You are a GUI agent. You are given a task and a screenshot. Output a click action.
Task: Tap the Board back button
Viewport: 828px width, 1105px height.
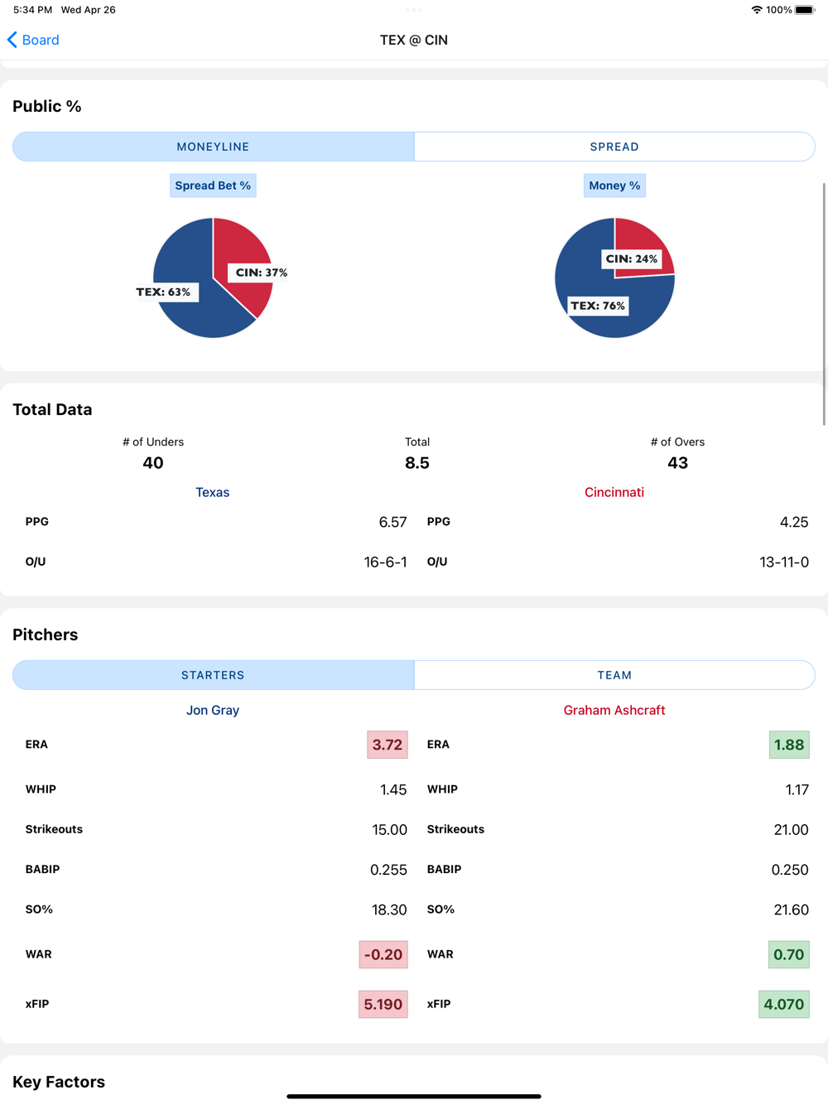pos(33,40)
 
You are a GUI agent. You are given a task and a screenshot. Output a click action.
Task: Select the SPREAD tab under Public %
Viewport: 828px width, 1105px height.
pos(614,147)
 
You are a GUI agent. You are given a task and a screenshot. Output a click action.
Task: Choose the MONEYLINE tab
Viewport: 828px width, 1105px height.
pos(213,147)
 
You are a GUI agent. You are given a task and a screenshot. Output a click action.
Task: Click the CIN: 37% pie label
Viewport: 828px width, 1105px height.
pos(261,273)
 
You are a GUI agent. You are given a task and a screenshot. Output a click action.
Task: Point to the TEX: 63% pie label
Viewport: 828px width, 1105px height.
pos(164,292)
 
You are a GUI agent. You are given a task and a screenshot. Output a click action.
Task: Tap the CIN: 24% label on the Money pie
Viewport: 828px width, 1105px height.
pos(631,259)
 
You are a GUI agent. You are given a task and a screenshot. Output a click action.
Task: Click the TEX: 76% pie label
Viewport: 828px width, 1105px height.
pos(598,306)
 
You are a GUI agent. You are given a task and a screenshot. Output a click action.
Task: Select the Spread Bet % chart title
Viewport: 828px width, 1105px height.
pos(213,186)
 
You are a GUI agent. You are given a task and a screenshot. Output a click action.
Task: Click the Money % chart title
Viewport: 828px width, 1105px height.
pos(614,186)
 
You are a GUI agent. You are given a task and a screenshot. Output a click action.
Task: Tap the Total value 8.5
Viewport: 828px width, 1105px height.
pos(417,463)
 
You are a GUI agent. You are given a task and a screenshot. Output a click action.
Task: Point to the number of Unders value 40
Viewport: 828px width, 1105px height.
pos(153,463)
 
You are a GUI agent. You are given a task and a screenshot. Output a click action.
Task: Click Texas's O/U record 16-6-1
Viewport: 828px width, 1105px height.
pos(385,562)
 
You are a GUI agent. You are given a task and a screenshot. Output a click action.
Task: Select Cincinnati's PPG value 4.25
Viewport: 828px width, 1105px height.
pos(793,523)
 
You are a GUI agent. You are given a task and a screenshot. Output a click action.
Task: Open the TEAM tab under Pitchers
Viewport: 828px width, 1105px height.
pos(614,675)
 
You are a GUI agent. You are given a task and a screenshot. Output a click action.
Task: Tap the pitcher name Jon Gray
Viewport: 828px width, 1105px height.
pos(213,710)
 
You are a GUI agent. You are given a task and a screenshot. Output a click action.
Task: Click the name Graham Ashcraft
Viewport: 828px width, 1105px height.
pos(614,710)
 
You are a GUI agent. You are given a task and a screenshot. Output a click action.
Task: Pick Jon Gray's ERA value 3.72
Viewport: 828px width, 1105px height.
pos(387,745)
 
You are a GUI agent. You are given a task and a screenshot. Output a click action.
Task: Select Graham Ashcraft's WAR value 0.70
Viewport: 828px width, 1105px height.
pos(788,954)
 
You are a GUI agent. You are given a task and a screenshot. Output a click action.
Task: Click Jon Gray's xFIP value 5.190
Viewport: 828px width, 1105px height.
pos(383,1004)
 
